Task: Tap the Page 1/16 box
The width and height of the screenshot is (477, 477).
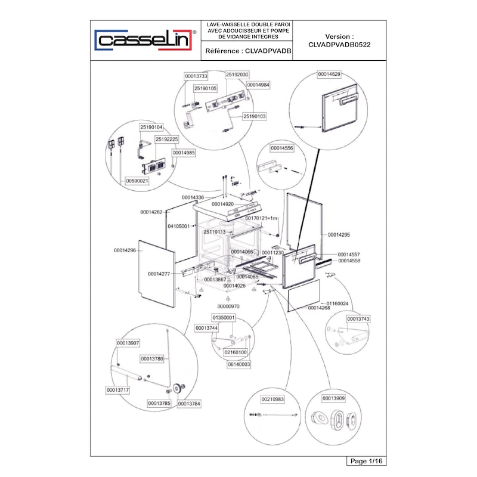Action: (x=366, y=461)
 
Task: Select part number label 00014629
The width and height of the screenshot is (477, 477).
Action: (x=329, y=74)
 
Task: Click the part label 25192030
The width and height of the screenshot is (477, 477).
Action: (x=237, y=75)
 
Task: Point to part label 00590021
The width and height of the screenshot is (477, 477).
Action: (x=137, y=181)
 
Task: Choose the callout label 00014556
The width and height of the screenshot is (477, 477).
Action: (x=281, y=148)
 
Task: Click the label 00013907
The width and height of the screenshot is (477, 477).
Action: (x=128, y=343)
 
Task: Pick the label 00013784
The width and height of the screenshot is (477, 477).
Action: (x=189, y=404)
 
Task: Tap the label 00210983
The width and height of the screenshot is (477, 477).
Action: (x=272, y=399)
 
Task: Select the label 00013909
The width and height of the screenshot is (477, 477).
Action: (x=333, y=398)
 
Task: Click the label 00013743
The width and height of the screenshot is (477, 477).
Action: (x=358, y=319)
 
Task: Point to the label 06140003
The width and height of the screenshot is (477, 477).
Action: (x=239, y=364)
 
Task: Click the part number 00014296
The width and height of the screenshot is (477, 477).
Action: (x=125, y=250)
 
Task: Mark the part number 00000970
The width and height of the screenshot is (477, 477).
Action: (x=228, y=306)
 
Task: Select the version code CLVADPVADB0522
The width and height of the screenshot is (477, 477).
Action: (x=339, y=45)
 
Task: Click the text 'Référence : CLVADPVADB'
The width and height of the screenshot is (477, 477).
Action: (x=248, y=51)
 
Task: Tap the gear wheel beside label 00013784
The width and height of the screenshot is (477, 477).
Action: (x=178, y=389)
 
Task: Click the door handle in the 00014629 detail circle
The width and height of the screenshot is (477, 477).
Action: (x=349, y=99)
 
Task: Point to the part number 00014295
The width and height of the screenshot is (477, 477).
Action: (x=339, y=235)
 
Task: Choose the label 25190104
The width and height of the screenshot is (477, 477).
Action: (x=151, y=127)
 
